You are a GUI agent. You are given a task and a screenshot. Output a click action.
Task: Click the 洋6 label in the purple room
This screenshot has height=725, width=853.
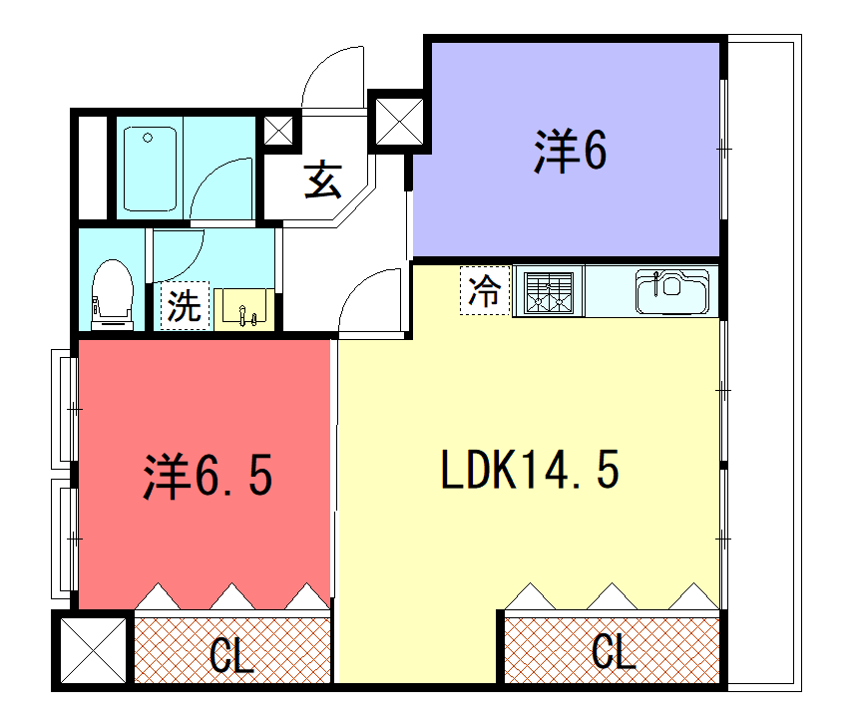[x=570, y=151]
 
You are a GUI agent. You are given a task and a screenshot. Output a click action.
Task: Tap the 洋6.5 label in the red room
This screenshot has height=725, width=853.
[x=208, y=476]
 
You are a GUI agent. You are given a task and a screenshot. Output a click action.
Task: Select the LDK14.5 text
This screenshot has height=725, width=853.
[x=530, y=470]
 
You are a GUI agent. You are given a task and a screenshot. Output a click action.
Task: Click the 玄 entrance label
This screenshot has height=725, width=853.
[x=322, y=180]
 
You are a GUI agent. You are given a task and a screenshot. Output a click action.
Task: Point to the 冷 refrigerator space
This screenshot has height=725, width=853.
[x=485, y=290]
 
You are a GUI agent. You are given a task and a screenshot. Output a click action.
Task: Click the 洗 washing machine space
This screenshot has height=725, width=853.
[x=185, y=306]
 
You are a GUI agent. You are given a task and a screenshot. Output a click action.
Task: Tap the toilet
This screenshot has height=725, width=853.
[x=112, y=294]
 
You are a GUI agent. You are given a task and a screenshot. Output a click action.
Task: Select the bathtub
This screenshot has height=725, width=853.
[x=150, y=169]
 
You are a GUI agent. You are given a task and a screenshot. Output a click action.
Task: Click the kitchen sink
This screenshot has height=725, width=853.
[x=673, y=291]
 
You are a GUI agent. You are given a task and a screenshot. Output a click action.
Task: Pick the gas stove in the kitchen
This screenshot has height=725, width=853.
[x=549, y=291]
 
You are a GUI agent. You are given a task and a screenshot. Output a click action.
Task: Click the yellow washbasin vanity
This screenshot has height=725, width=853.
[x=243, y=309]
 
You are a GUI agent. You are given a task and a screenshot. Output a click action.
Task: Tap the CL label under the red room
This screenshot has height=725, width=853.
[x=231, y=655]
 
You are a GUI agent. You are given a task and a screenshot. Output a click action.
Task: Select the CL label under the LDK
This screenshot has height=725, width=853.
[x=614, y=651]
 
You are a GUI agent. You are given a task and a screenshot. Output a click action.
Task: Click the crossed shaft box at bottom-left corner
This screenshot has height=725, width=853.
[x=93, y=650]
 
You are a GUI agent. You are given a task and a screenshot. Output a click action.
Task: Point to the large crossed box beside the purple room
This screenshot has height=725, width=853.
[x=399, y=122]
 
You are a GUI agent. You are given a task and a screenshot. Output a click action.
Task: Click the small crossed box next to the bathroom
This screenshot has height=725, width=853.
[x=278, y=131]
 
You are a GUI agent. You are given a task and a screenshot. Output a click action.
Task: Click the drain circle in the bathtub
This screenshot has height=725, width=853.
[x=148, y=138]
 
